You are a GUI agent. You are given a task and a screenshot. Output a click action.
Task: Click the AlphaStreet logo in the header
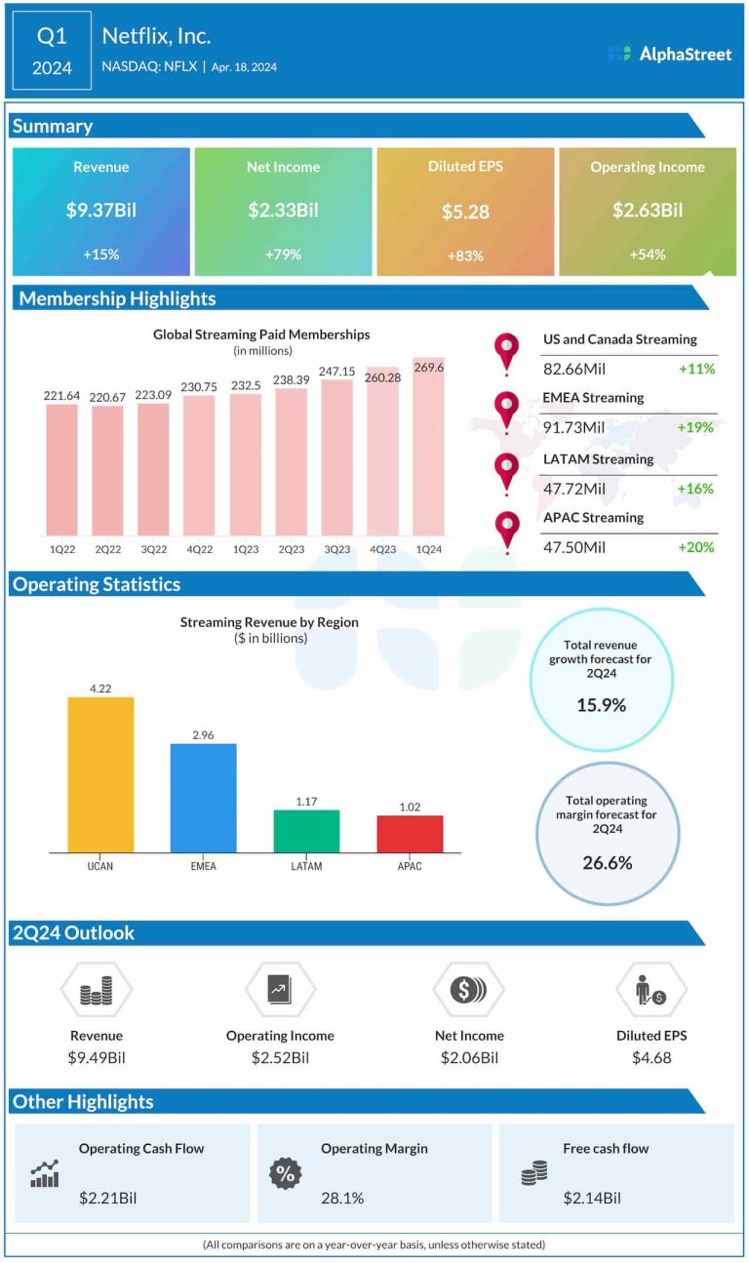point(669,55)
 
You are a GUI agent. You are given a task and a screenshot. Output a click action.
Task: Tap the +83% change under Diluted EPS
point(464,256)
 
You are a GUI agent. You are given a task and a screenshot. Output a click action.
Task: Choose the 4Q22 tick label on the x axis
point(199,550)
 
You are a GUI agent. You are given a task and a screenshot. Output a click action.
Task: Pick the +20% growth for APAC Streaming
point(696,547)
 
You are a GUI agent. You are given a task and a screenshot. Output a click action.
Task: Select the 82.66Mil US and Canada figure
point(574,369)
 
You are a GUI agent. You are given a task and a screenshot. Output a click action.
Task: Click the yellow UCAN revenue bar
point(100,774)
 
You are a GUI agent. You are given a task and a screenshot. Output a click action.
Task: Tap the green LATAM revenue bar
point(306,831)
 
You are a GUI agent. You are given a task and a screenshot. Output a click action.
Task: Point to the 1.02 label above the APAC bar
point(410,807)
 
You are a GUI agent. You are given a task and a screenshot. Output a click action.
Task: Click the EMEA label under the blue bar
point(203,866)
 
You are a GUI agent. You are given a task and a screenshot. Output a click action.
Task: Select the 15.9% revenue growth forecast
point(601,704)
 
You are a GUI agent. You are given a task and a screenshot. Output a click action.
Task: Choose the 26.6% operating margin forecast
point(607,862)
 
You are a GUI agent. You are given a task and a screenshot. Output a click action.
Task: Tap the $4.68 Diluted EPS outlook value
point(650,1057)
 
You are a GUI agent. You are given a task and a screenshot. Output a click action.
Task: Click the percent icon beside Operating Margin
point(286,1174)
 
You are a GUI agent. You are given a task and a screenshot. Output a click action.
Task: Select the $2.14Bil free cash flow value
point(591,1198)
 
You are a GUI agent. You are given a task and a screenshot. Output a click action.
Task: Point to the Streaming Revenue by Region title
point(269,621)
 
